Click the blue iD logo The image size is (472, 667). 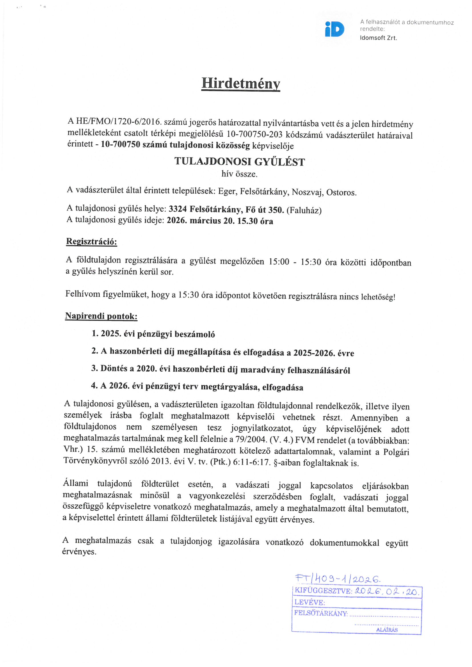point(334,29)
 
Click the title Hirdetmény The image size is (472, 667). point(240,83)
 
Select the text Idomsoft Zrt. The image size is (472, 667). point(378,38)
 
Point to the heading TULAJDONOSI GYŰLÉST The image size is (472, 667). point(239,161)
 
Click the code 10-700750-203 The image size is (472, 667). point(254,134)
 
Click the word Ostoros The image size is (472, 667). point(341,193)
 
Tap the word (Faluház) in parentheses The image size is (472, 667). point(304,210)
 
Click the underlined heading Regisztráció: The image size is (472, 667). point(92,241)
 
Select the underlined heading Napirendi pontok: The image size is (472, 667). point(101,316)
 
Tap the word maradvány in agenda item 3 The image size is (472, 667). point(263,370)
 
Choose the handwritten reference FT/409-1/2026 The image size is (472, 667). point(338,579)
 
